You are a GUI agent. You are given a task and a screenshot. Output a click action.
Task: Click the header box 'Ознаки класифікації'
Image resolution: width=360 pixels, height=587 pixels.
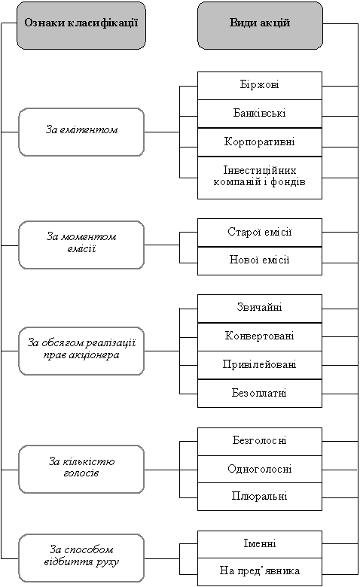81,25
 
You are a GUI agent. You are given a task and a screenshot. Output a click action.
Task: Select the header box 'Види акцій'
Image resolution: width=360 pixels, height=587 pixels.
260,25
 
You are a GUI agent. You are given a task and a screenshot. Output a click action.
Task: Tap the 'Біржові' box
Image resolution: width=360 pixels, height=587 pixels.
260,86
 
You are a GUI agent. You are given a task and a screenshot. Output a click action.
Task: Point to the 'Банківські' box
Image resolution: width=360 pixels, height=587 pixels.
260,114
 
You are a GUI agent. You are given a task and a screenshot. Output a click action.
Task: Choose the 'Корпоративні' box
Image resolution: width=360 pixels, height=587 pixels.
260,142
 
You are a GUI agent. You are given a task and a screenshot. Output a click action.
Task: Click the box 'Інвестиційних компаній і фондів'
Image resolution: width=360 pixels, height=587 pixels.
260,178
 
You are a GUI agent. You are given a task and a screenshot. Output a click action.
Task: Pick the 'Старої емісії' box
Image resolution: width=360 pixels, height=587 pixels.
260,233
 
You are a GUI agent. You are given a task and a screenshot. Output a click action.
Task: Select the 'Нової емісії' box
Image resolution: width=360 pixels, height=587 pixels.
260,261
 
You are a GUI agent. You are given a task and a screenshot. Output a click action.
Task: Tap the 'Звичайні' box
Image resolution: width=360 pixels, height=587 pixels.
260,309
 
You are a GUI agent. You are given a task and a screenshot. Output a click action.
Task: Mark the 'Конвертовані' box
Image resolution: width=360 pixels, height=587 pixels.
260,337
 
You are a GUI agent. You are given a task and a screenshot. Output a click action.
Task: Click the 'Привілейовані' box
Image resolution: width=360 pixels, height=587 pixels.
260,365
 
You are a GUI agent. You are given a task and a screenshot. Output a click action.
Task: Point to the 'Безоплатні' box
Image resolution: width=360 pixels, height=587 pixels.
260,394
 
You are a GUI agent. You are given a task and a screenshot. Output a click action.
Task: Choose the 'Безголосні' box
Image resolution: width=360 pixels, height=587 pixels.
260,442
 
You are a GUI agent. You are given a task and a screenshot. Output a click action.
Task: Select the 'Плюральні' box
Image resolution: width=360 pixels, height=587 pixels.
260,497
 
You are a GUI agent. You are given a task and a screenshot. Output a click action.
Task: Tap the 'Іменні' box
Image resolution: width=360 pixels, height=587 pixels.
260,544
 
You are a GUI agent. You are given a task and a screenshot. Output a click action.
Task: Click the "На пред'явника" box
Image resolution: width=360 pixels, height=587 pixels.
260,572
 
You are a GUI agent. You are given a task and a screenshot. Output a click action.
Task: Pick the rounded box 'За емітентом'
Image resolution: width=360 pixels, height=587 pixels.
81,132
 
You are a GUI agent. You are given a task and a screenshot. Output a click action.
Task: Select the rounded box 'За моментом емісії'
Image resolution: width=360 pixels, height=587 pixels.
81,245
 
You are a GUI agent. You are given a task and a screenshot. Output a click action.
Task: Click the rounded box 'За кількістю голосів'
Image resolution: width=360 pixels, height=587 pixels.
81,469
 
